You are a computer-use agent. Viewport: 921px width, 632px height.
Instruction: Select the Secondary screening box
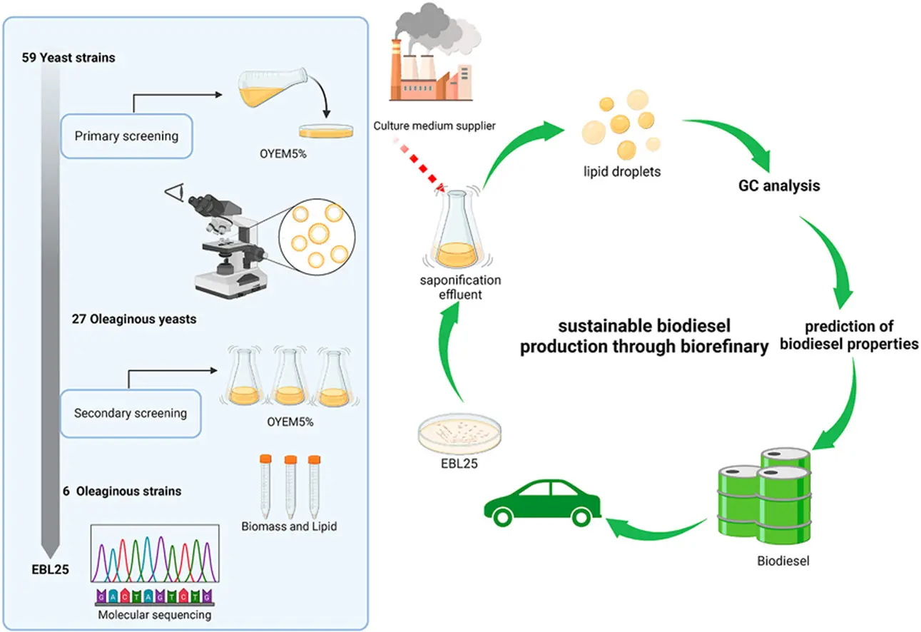tap(130, 412)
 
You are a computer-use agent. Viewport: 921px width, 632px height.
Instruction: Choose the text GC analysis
tap(778, 187)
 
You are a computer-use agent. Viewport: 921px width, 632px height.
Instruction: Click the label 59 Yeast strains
tap(68, 57)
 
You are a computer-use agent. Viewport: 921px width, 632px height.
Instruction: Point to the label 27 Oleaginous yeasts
tap(134, 319)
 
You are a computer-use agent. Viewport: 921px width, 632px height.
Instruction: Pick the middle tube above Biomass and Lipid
tap(290, 485)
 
